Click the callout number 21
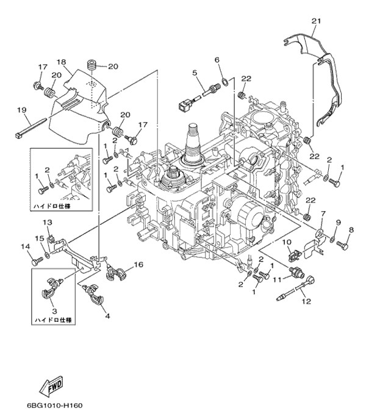tap(315, 21)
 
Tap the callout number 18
tap(62, 62)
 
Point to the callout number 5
tap(195, 73)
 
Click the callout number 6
tap(217, 59)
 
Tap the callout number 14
tap(25, 246)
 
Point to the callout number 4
tap(107, 316)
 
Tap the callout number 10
tap(285, 243)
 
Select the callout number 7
tap(323, 215)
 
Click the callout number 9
tap(337, 223)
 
